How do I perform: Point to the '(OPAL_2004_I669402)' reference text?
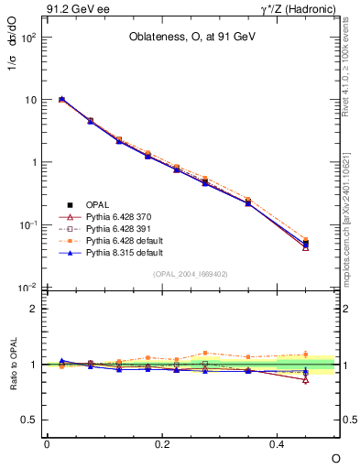(191, 272)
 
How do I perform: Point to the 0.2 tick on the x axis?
(162, 442)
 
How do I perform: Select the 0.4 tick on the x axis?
(278, 442)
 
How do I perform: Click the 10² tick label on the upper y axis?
(29, 38)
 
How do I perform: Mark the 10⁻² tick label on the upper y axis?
(28, 288)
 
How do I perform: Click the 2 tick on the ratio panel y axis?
(35, 309)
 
